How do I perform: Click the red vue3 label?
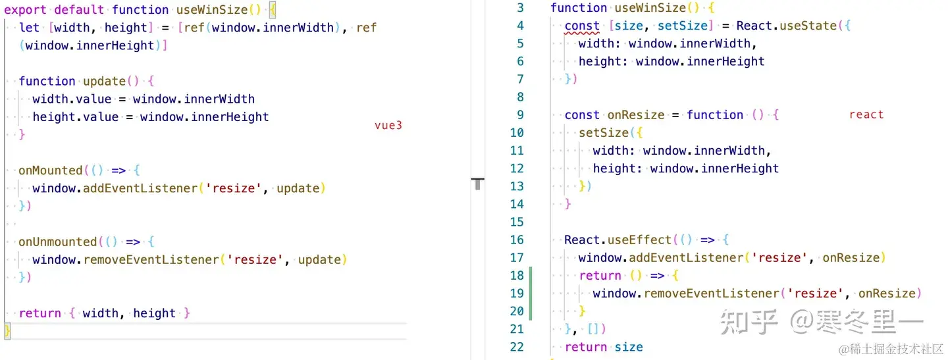(388, 126)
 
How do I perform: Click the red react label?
(866, 115)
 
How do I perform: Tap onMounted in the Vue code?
(51, 170)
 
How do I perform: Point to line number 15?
(517, 222)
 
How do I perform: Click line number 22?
(517, 347)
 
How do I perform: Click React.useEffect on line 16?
(618, 240)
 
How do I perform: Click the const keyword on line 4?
(582, 26)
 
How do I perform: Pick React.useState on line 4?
(786, 26)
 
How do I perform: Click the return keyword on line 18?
(600, 276)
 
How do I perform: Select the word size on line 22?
(629, 347)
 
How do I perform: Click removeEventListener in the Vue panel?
(151, 259)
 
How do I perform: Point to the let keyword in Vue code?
(29, 28)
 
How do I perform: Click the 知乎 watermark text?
(749, 322)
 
